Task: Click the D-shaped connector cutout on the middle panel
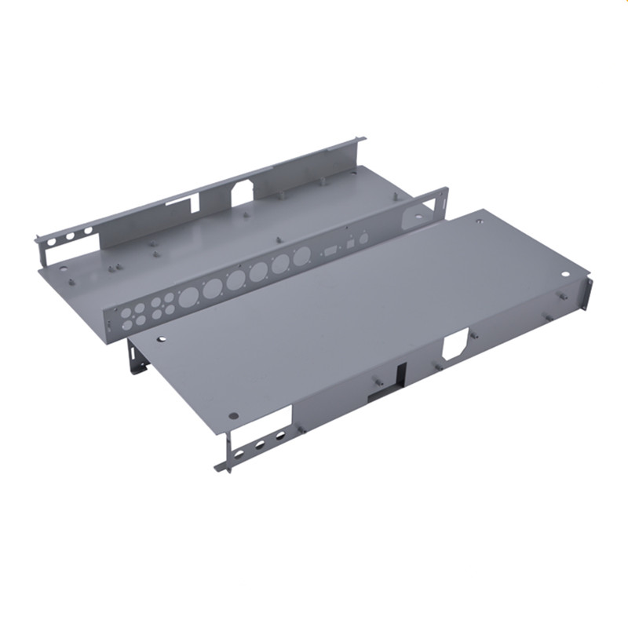[330, 250]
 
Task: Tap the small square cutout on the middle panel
[350, 243]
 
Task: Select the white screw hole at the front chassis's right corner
[567, 276]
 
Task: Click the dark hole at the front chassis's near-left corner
[233, 415]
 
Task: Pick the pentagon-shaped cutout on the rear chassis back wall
[244, 191]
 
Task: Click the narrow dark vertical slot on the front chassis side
[401, 375]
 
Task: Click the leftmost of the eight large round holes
[188, 297]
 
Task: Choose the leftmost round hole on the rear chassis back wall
[52, 242]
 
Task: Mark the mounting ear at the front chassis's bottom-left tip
[222, 467]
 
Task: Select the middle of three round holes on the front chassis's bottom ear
[260, 444]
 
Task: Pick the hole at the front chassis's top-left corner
[161, 340]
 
